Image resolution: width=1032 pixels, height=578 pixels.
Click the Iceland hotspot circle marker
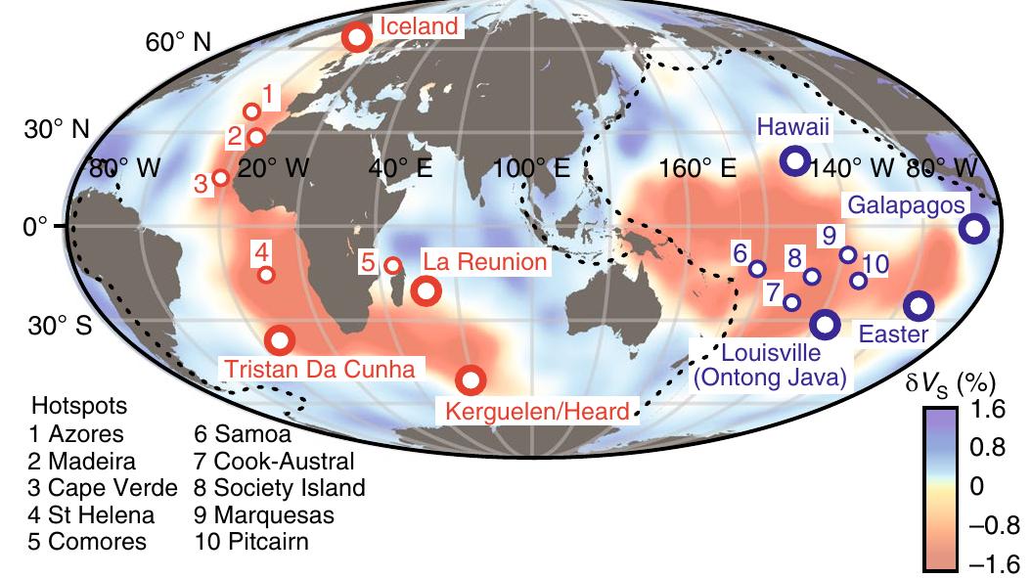[357, 37]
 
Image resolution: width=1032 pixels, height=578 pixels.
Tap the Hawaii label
[793, 127]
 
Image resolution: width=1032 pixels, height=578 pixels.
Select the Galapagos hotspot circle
[973, 229]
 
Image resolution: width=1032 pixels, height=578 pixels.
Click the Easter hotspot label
[892, 333]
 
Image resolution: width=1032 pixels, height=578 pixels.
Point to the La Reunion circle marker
[426, 289]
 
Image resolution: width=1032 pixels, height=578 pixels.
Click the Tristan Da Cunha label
[320, 368]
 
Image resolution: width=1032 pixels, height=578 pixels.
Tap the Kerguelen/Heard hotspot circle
[471, 379]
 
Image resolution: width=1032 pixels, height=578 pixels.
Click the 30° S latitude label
[60, 325]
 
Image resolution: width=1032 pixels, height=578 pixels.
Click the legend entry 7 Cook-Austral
[274, 460]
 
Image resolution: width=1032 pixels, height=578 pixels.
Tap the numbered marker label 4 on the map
[262, 251]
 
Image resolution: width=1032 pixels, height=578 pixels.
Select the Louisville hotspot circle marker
[825, 324]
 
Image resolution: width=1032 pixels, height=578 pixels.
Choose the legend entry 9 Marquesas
[264, 514]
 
